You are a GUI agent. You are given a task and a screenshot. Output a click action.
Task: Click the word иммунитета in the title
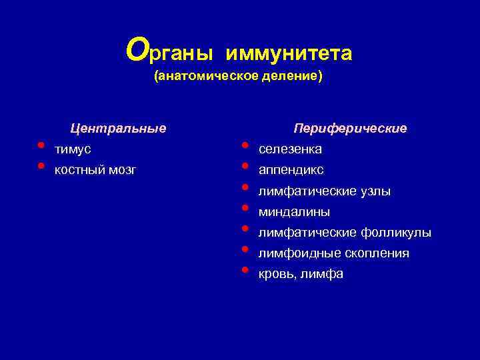coord(289,53)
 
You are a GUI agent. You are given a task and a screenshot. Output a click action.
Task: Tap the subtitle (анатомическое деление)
coord(238,77)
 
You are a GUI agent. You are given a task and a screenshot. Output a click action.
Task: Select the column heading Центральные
coord(119,127)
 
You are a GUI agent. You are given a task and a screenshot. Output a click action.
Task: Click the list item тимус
coord(73,149)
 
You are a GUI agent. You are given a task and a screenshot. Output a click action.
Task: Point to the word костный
coord(79,170)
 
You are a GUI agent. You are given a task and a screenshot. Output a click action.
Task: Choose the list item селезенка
coord(290,149)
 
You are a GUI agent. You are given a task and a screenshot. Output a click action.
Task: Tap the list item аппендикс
coord(291,170)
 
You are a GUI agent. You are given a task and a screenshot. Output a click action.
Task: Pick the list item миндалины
coord(294,212)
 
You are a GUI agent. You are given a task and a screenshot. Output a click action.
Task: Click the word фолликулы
coord(395,233)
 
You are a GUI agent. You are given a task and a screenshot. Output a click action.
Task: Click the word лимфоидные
coord(299,253)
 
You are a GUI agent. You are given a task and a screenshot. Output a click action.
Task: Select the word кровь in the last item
coord(277,274)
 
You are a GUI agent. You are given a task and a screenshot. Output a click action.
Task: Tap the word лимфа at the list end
coord(321,274)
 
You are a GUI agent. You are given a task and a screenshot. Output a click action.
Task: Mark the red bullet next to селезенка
coord(245,145)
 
